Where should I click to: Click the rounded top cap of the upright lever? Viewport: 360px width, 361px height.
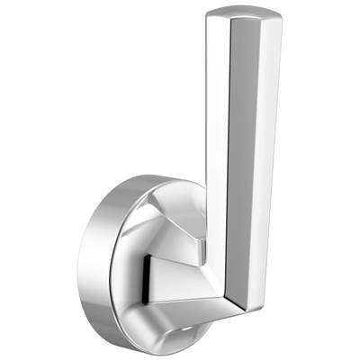point(243,13)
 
